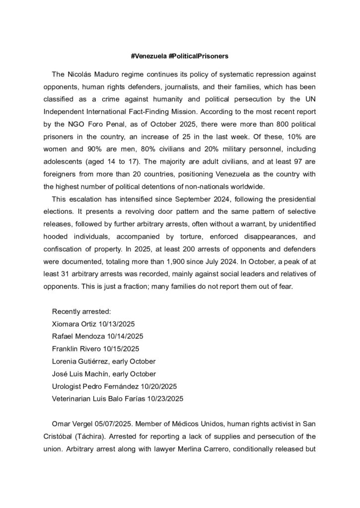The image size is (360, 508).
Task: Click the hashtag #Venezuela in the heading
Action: pos(148,57)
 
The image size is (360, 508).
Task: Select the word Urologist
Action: pos(68,385)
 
